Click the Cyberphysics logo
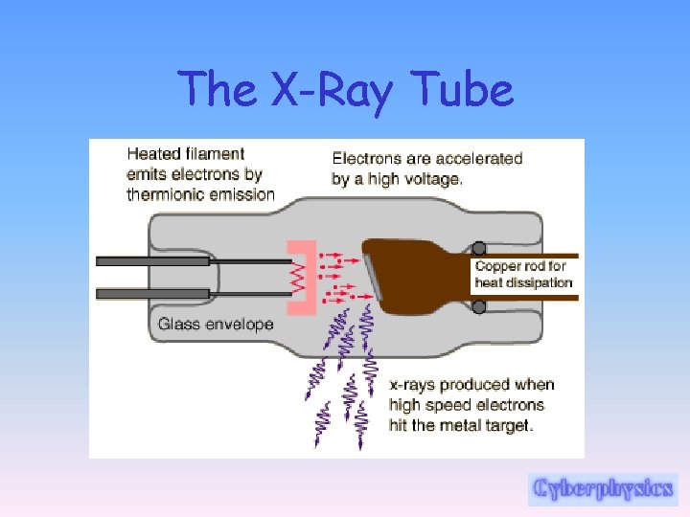603,488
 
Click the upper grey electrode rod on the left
153,260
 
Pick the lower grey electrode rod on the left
153,293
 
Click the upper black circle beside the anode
479,248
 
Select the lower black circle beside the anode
479,306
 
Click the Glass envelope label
216,324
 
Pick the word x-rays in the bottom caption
413,385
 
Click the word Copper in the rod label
497,266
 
